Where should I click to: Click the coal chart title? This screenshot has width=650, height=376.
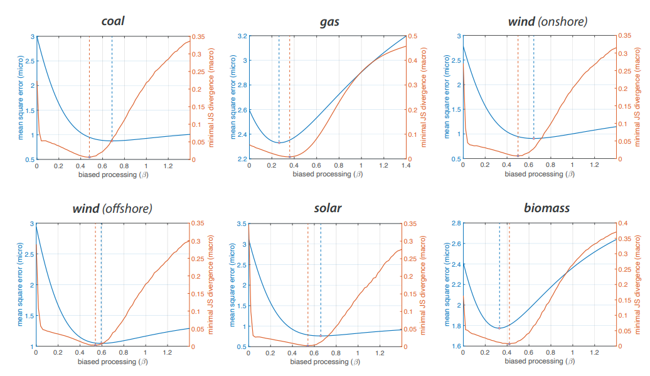(x=113, y=21)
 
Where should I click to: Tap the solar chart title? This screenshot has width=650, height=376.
(x=327, y=208)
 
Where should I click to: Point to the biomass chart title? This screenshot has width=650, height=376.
(x=546, y=208)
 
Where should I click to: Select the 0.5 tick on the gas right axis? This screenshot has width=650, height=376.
(x=413, y=36)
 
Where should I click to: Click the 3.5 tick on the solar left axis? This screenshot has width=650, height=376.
(x=241, y=223)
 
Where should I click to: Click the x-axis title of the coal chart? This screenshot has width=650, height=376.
(x=113, y=175)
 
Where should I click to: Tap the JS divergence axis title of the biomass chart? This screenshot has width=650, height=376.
(x=642, y=284)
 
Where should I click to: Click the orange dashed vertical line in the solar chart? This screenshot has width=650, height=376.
(x=308, y=282)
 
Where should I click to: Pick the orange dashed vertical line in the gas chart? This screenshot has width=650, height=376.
(x=289, y=94)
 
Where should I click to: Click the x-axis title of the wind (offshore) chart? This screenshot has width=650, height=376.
(x=113, y=362)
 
